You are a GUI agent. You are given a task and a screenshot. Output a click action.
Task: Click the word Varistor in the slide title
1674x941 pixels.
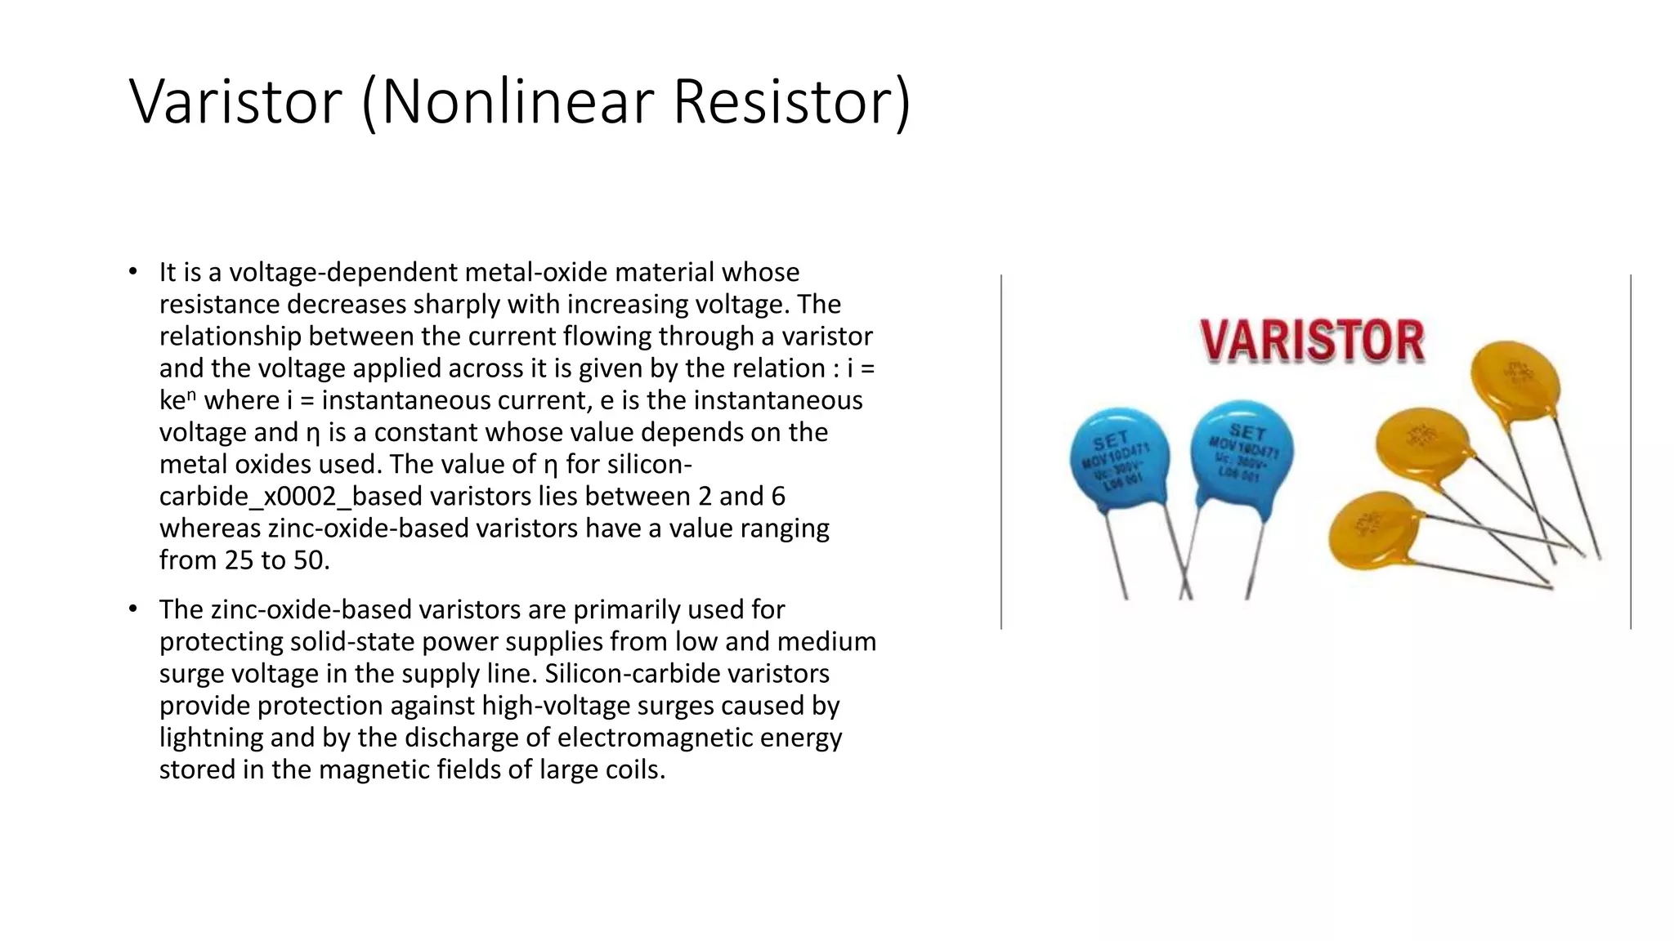pyautogui.click(x=235, y=101)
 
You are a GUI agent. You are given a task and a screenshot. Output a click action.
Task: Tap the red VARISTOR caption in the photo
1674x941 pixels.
pyautogui.click(x=1312, y=341)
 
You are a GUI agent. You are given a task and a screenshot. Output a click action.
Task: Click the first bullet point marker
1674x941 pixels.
pyautogui.click(x=133, y=271)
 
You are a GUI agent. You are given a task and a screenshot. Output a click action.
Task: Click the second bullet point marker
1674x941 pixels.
pyautogui.click(x=133, y=609)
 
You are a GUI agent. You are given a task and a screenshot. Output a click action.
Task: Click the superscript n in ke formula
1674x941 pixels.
pyautogui.click(x=191, y=395)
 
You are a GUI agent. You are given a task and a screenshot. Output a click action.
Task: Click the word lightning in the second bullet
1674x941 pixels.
pyautogui.click(x=211, y=738)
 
